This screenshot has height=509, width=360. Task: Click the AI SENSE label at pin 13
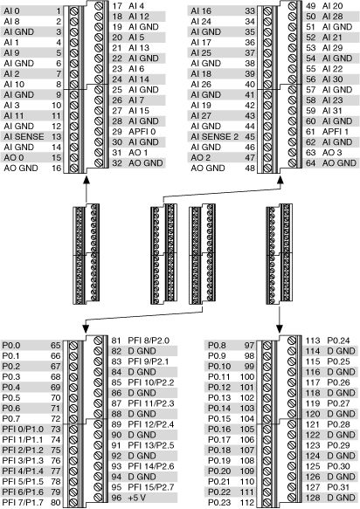pos(24,137)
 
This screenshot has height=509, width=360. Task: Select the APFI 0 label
pos(142,132)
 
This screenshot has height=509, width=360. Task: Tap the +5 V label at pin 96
pos(137,498)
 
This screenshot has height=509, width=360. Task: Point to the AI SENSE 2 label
pos(214,137)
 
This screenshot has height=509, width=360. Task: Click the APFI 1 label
pos(336,132)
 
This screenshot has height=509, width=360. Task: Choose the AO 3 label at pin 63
pos(332,153)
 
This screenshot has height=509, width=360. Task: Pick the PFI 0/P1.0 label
pos(23,430)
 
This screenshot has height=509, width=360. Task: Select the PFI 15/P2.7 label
pos(151,487)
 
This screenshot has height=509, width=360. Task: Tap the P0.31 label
pos(338,487)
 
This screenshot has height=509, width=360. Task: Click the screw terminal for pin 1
pos(74,11)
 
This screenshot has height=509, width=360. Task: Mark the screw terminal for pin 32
pos(99,163)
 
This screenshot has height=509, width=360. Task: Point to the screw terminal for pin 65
pos(73,346)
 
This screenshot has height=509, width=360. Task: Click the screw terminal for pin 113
pos(292,340)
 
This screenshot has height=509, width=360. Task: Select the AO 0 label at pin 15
pos(14,158)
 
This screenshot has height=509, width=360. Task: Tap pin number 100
pos(247,377)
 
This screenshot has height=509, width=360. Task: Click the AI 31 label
pos(332,111)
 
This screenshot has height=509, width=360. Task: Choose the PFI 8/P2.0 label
pos(149,340)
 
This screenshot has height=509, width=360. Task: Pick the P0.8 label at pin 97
pos(217,346)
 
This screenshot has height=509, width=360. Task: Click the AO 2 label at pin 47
pos(200,158)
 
